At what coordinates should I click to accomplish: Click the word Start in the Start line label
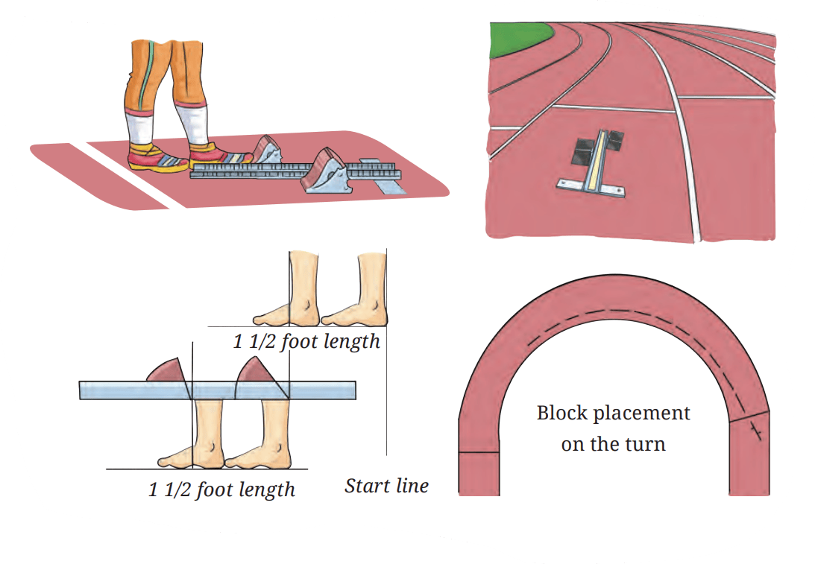[367, 486]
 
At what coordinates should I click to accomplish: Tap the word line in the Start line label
[412, 486]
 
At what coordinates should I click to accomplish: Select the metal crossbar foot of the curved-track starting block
[591, 188]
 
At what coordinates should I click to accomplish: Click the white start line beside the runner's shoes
[128, 176]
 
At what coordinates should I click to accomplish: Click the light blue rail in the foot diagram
[218, 390]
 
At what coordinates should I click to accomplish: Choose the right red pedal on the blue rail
[258, 373]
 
